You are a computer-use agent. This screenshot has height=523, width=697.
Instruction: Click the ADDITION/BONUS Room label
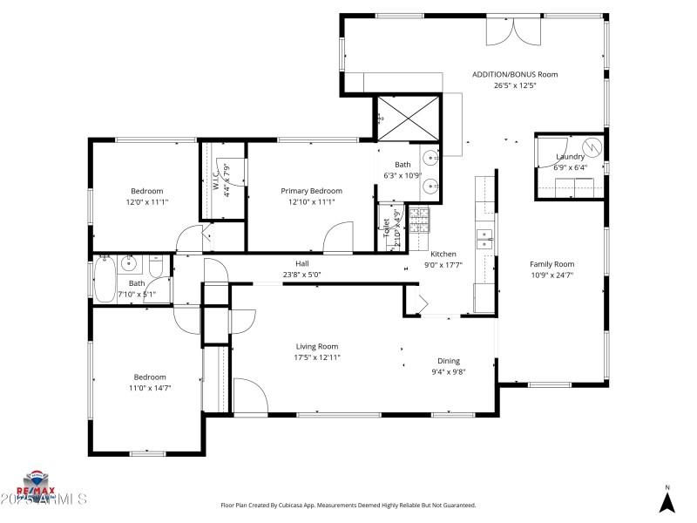[515, 75]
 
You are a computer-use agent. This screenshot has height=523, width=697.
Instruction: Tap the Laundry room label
[571, 157]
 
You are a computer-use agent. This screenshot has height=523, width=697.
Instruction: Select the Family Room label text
[552, 264]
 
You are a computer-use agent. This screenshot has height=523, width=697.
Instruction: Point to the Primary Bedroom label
[311, 191]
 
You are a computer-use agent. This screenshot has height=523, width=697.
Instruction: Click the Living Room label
[316, 346]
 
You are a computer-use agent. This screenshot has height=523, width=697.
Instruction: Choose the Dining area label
[449, 361]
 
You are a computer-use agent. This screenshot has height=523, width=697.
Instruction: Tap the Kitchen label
[443, 255]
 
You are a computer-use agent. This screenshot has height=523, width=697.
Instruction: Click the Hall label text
[302, 263]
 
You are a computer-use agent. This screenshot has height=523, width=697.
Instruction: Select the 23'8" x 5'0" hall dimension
[302, 275]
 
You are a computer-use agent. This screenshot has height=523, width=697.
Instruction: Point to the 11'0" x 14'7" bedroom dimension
[150, 388]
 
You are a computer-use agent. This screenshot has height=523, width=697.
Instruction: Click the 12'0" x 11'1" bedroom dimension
[147, 202]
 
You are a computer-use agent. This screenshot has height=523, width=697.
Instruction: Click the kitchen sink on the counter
[483, 236]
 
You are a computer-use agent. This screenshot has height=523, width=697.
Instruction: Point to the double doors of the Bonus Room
[513, 30]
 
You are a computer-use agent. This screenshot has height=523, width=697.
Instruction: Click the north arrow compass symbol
[667, 501]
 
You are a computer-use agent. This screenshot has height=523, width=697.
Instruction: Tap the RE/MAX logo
[37, 482]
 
